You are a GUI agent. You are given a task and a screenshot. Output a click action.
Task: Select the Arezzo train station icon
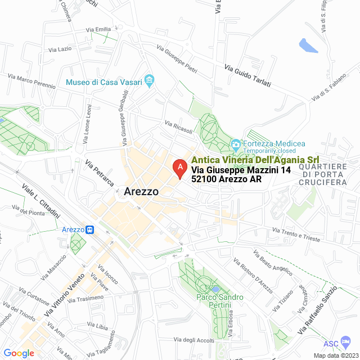(x=89, y=229)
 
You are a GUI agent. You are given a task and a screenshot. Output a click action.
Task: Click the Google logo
(x=19, y=353)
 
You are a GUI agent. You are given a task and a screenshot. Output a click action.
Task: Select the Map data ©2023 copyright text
(x=335, y=355)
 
